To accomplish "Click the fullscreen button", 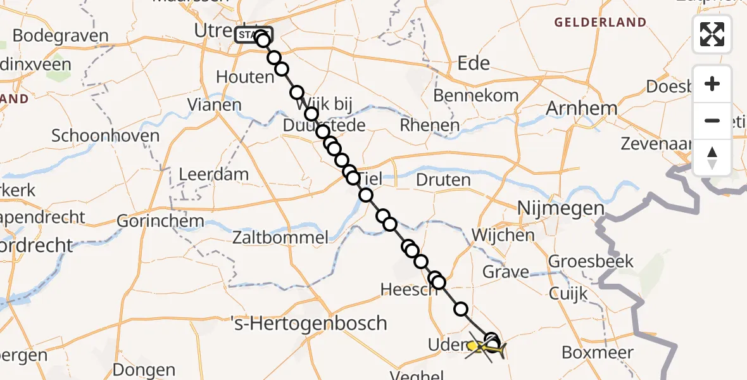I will tap(712, 34).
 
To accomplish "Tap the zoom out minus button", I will tap(712, 120).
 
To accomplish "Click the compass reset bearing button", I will tap(712, 158).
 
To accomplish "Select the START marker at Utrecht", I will tap(253, 34).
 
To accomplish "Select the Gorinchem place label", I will tap(161, 222).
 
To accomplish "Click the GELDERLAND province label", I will tap(601, 23).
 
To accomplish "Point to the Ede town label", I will tap(474, 63).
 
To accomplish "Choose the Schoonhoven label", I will tap(105, 136).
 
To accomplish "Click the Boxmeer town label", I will tap(598, 353).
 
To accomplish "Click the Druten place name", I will tap(443, 180).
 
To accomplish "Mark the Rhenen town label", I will tap(430, 125).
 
